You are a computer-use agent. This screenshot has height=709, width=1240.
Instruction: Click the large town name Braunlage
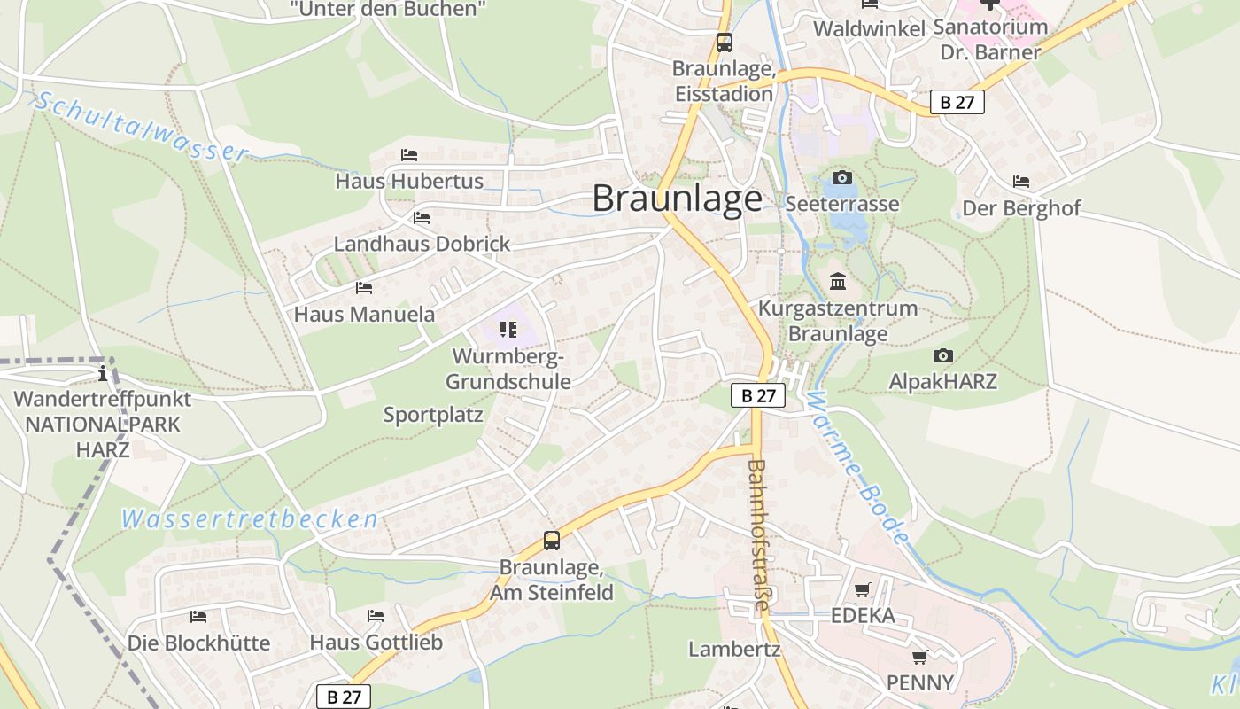pos(677,199)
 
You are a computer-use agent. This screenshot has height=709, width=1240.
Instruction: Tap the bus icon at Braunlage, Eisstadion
pos(724,42)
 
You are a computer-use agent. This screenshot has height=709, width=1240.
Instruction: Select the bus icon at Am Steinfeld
pos(552,540)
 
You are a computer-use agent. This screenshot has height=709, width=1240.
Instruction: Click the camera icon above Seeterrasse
pos(842,178)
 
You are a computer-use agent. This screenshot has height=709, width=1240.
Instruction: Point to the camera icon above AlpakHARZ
pos(942,356)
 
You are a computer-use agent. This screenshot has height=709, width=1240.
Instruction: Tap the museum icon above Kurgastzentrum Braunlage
pos(837,282)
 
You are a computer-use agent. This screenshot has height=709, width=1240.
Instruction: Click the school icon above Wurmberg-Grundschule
pos(508,330)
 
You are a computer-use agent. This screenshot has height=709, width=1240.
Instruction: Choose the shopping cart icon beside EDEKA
pos(862,589)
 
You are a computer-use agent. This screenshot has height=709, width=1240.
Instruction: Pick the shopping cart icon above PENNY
pos(920,657)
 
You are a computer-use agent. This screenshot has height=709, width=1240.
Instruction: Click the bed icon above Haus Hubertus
pos(408,154)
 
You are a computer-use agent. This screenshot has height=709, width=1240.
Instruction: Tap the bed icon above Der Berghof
pos(1021,182)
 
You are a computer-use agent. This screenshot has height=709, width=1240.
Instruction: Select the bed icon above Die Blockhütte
pos(198,616)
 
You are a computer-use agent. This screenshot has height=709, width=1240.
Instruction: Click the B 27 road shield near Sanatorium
pos(957,102)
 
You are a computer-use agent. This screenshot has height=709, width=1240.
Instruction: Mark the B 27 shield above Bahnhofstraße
pos(758,395)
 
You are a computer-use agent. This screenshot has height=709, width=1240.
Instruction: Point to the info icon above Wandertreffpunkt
pos(105,372)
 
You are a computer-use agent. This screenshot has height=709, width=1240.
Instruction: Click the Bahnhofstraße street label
pos(758,534)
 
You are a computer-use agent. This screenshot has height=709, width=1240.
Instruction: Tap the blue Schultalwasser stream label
pos(142,128)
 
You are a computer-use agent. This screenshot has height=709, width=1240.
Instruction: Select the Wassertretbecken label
pos(250,519)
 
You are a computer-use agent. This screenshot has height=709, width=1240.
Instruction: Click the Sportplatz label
pos(433,415)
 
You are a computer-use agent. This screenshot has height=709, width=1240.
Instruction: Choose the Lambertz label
pos(734,650)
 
